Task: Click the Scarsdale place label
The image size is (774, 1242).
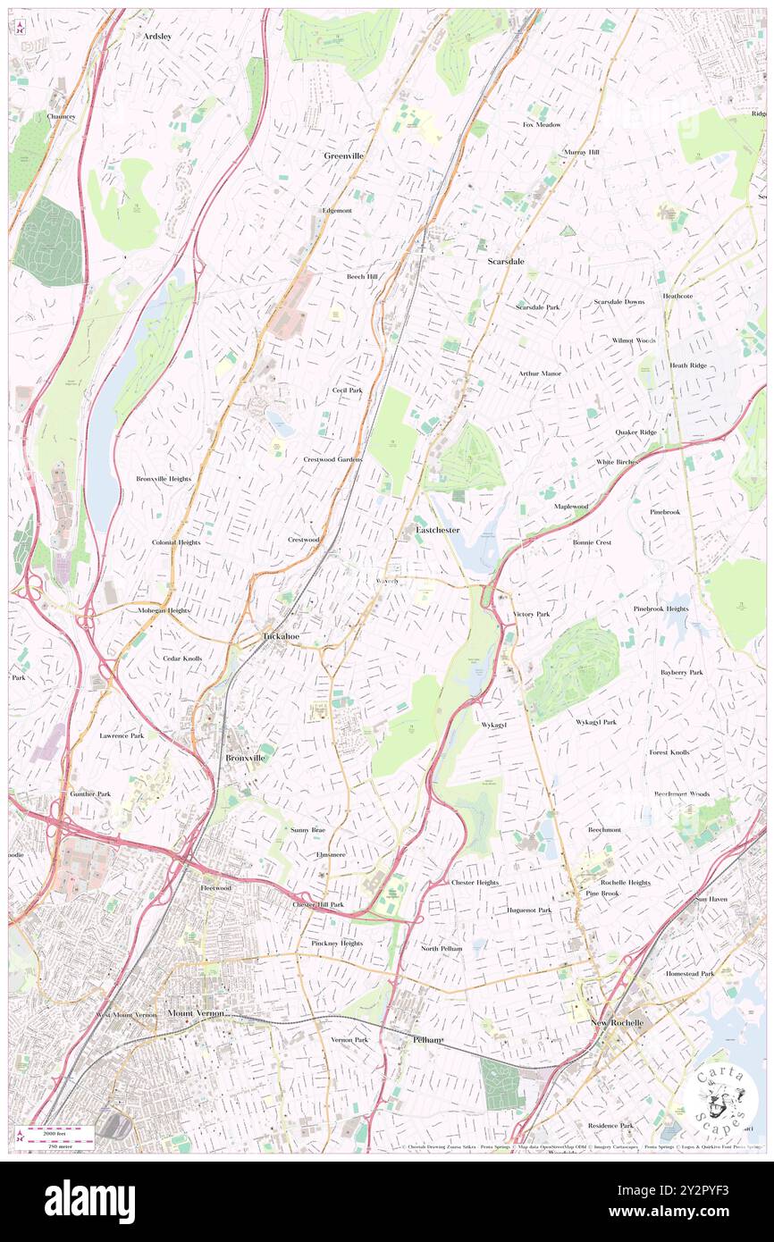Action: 506,262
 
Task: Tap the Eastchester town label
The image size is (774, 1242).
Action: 438,530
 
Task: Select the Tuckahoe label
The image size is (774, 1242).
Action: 281,636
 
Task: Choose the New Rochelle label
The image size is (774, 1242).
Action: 617,1022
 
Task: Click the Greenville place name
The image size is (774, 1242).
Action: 343,155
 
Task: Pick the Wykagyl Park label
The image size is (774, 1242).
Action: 596,721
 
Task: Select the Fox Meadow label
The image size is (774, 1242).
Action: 542,124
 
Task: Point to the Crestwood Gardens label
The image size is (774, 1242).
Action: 332,459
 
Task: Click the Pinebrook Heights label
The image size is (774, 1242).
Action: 660,608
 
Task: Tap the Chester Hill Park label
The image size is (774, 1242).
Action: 318,904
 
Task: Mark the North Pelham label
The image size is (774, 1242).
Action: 442,948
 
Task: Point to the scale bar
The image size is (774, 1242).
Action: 57,1135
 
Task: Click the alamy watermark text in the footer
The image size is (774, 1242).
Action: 89,1201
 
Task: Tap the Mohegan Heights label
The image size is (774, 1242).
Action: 163,609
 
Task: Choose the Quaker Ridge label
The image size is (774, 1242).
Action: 635,432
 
